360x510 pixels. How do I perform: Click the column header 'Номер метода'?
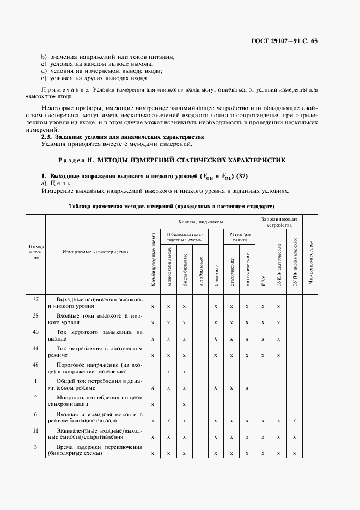click(36, 252)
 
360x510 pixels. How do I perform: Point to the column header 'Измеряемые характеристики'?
click(95, 252)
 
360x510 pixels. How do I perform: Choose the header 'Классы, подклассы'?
click(199, 222)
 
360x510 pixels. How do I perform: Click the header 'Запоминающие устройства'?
click(279, 221)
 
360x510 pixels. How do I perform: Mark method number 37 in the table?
click(36, 300)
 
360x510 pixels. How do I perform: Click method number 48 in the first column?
click(36, 364)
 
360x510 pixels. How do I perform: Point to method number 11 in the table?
click(36, 430)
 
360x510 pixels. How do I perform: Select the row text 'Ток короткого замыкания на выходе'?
click(95, 335)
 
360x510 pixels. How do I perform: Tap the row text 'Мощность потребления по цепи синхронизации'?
click(95, 401)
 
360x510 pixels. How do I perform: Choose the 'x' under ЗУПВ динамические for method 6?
click(294, 421)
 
